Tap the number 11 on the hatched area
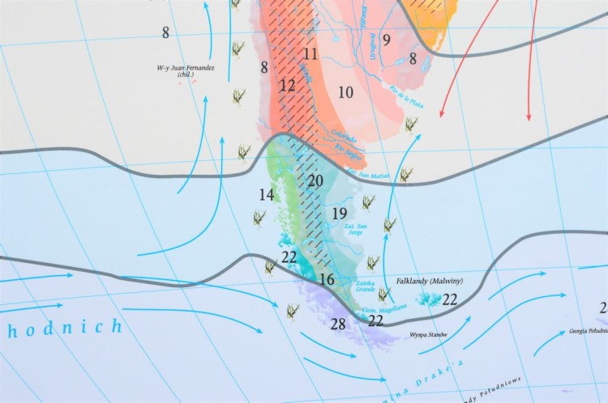pyautogui.click(x=310, y=54)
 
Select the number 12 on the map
pyautogui.click(x=287, y=85)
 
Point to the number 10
pyautogui.click(x=346, y=92)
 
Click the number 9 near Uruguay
pyautogui.click(x=387, y=40)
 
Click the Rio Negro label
pyautogui.click(x=346, y=151)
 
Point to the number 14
pyautogui.click(x=267, y=194)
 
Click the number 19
pyautogui.click(x=340, y=214)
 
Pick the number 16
pyautogui.click(x=327, y=279)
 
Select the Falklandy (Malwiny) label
pyautogui.click(x=429, y=281)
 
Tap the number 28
pyautogui.click(x=339, y=324)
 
